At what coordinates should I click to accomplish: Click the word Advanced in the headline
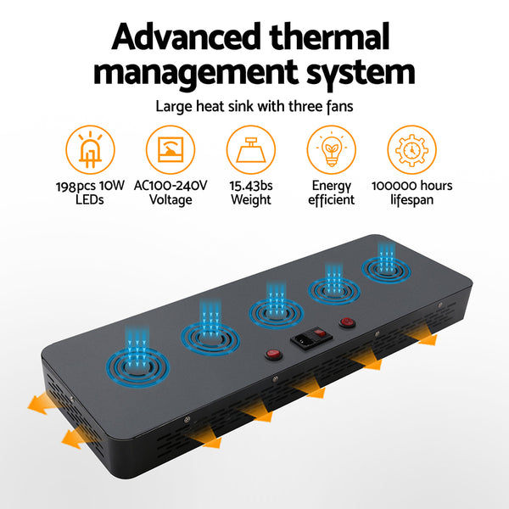pos(186,36)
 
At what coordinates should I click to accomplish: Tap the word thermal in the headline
pos(329,36)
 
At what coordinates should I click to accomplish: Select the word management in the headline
pos(195,72)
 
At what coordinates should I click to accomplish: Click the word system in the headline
pos(361,73)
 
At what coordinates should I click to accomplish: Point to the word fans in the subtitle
pos(340,106)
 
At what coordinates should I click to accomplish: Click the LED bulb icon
pos(90,149)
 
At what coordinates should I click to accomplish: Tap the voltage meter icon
pos(171,149)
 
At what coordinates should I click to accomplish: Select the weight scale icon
pos(251,149)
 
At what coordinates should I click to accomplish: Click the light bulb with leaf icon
pos(332,149)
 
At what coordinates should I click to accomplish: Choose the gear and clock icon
pos(412,149)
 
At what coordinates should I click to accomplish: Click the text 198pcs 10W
pos(90,186)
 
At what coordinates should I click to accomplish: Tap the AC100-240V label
pos(171,186)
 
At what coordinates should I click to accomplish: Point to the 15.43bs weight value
pos(251,186)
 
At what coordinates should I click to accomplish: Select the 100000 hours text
pos(412,186)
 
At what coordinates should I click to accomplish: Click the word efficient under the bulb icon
pos(332,199)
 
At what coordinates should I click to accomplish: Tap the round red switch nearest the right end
pos(347,322)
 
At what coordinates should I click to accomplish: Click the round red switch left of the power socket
pos(273,354)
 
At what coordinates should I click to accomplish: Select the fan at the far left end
pos(137,367)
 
